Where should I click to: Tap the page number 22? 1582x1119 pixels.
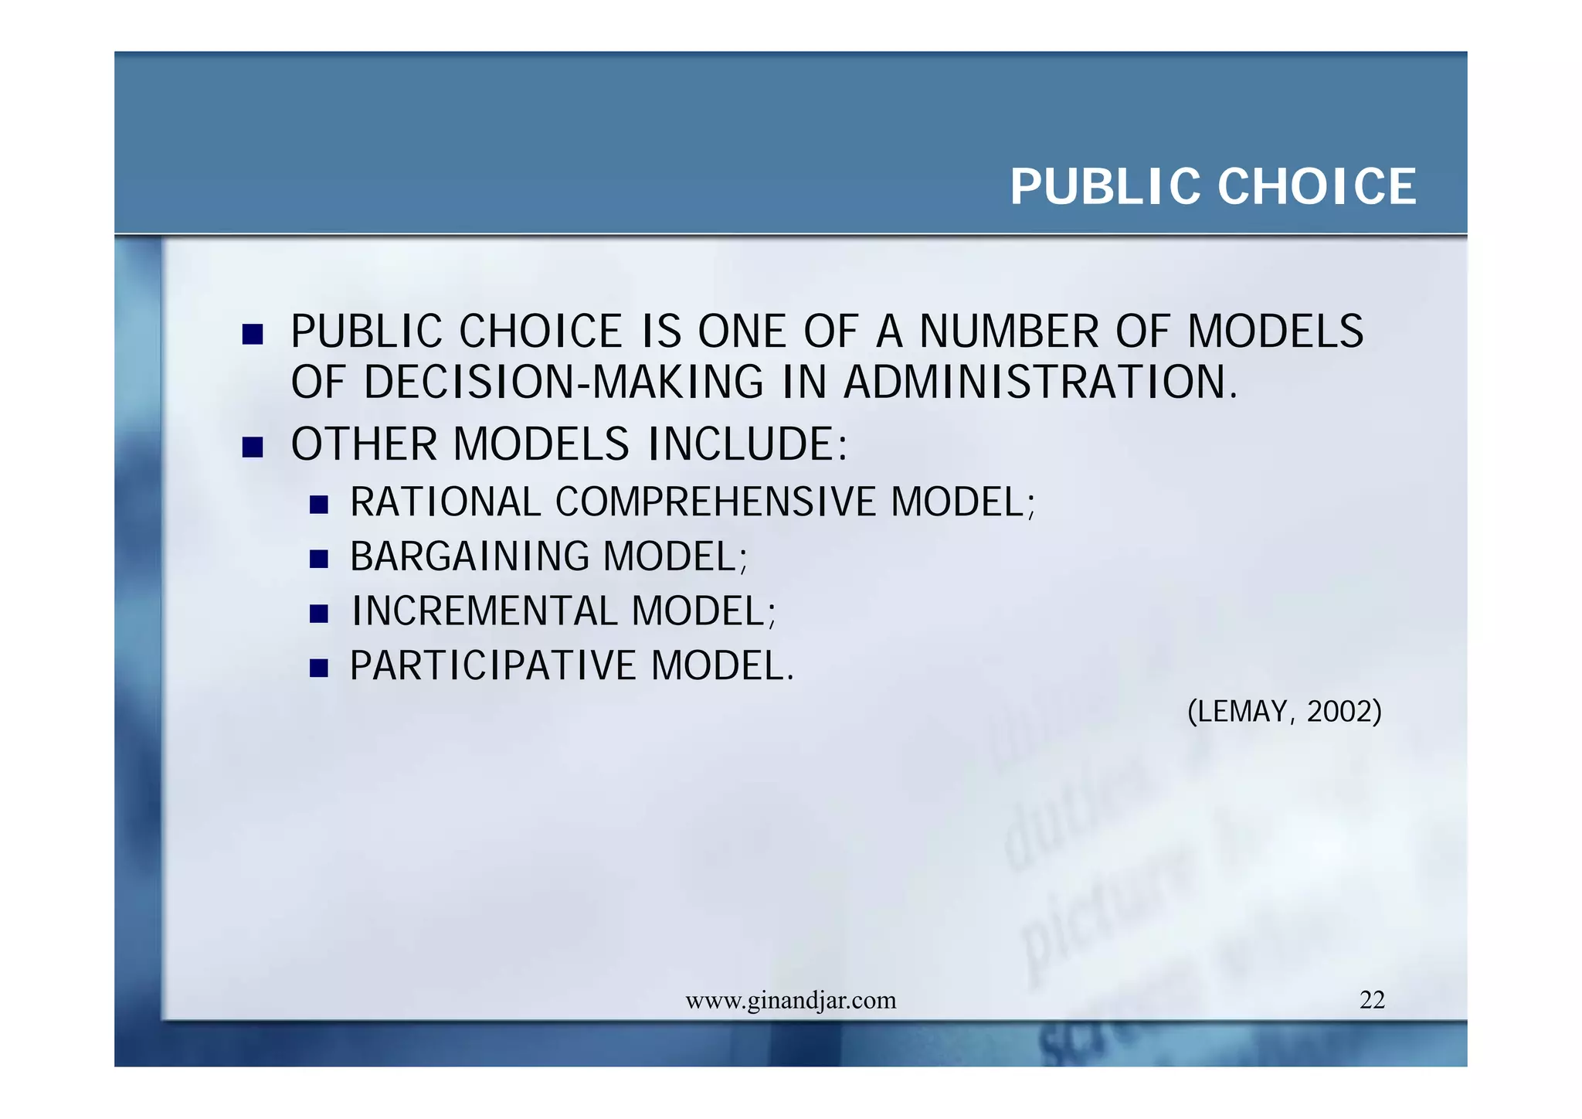pos(1372,1000)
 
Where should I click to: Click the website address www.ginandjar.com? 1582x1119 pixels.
pos(790,1001)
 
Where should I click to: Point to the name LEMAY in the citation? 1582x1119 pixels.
pos(1243,711)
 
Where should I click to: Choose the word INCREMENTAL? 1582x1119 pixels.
pos(484,611)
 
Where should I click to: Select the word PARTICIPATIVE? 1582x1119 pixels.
pos(493,665)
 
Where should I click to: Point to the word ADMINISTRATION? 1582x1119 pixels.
pos(1040,383)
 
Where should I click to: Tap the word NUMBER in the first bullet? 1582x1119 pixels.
pos(1009,332)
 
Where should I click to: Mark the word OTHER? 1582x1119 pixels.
pos(364,444)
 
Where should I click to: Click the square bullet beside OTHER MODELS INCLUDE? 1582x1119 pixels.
pos(253,447)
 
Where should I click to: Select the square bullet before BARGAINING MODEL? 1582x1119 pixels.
pos(318,559)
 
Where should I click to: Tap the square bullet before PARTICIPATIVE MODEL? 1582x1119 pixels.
pos(318,668)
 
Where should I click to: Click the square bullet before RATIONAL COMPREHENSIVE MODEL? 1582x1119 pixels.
pos(318,505)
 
